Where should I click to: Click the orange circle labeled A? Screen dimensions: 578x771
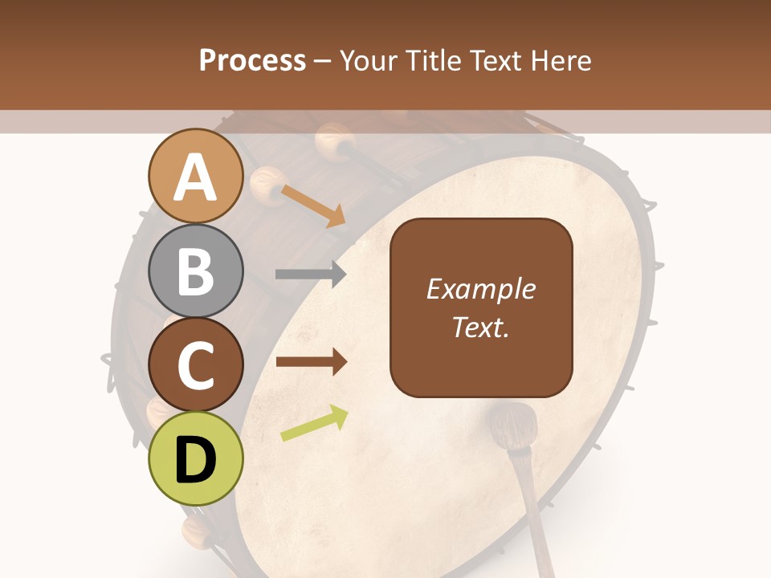[196, 177]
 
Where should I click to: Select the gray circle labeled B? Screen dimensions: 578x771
[196, 271]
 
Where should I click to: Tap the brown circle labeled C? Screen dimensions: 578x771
[196, 365]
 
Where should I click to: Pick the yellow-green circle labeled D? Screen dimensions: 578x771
[196, 458]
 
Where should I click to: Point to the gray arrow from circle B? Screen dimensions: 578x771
[311, 274]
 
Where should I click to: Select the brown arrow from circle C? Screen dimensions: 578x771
[311, 362]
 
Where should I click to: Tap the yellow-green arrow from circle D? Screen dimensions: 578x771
[314, 423]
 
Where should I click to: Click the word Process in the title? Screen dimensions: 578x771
[252, 60]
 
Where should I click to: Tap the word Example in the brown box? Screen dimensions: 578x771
[480, 290]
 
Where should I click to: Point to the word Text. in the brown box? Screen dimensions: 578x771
[480, 328]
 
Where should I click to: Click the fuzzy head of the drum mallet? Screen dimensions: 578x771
[513, 425]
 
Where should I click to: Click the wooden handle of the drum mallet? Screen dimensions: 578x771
[537, 514]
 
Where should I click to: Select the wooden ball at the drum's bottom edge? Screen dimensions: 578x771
[195, 530]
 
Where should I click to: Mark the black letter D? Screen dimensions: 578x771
[196, 460]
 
